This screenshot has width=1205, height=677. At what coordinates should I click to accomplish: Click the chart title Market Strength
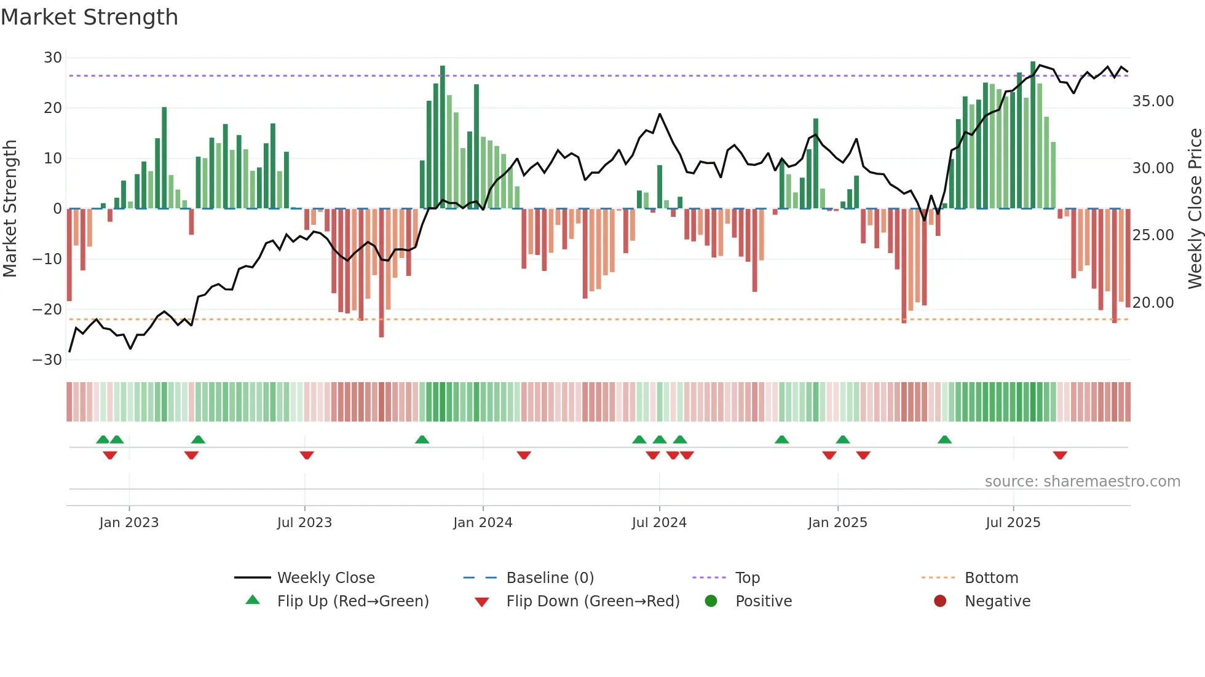(x=89, y=17)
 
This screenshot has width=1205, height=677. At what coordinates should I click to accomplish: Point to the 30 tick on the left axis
(x=53, y=58)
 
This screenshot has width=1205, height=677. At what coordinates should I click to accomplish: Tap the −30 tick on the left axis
(x=48, y=360)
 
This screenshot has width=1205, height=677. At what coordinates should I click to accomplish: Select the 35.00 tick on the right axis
(x=1153, y=101)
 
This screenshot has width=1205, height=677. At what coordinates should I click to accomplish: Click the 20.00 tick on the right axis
(x=1153, y=303)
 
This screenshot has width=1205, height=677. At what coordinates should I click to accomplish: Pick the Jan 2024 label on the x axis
(x=483, y=523)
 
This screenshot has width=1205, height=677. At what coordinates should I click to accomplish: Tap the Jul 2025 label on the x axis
(x=1013, y=523)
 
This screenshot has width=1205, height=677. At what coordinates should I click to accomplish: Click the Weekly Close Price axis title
(x=1195, y=209)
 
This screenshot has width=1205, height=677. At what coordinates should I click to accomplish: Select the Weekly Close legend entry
(x=325, y=578)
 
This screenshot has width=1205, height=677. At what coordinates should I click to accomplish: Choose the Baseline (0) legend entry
(x=550, y=578)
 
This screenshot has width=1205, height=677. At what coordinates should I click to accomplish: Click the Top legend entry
(x=747, y=578)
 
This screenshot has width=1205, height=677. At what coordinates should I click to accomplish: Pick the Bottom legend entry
(x=991, y=578)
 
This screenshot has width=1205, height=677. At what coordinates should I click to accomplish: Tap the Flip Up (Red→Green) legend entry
(x=352, y=601)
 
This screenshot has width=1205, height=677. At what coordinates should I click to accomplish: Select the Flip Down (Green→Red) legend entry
(x=593, y=601)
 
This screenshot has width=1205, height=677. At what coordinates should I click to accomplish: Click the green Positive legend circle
(x=711, y=601)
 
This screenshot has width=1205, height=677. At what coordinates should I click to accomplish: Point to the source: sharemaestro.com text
(x=1082, y=482)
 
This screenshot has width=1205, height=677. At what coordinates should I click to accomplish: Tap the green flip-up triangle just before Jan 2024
(x=422, y=440)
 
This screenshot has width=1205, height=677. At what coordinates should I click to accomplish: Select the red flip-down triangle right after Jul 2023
(x=307, y=455)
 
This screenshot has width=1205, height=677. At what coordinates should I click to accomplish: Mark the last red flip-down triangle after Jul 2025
(x=1060, y=455)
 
